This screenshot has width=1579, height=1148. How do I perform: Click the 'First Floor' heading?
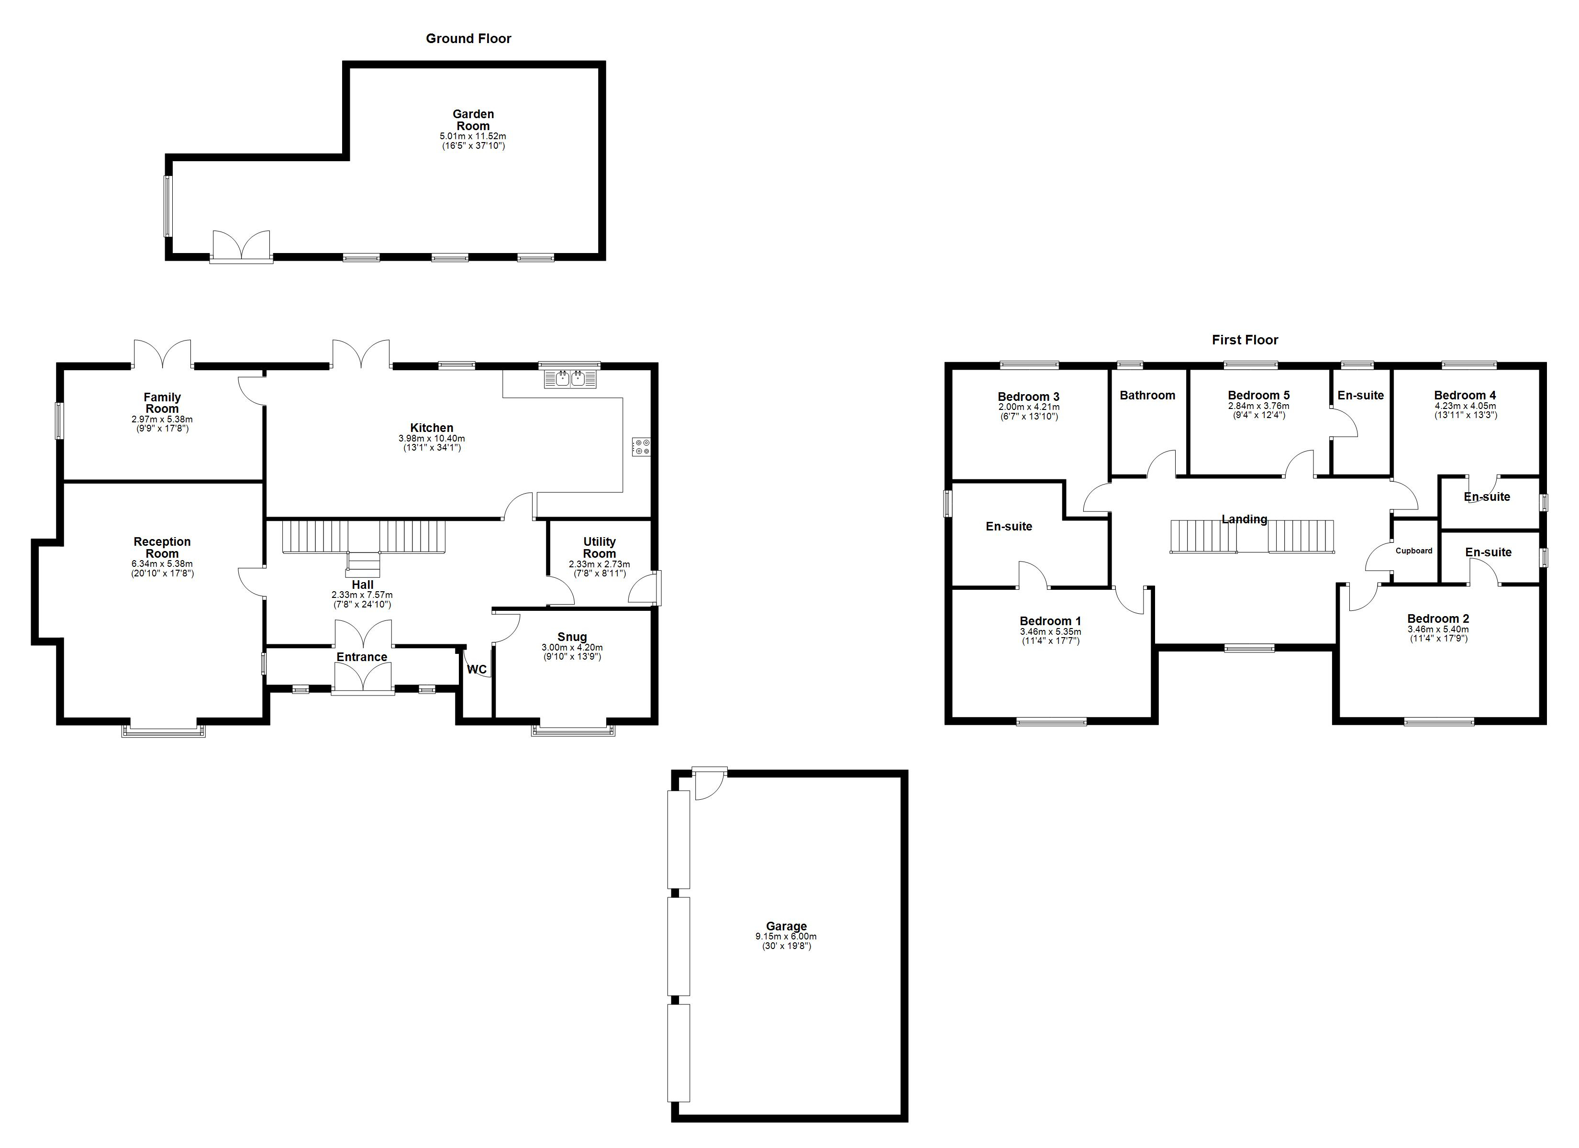tap(1245, 340)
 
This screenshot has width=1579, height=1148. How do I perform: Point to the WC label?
tap(477, 670)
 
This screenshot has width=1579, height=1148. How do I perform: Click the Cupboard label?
tap(1414, 551)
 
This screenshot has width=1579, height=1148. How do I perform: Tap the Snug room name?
tap(572, 637)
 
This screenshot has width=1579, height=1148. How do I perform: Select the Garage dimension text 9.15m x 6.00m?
tap(786, 937)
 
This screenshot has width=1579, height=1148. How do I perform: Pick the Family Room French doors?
tap(162, 353)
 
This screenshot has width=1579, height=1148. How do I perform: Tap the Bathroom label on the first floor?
tap(1147, 396)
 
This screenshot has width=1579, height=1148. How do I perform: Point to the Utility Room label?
tap(600, 548)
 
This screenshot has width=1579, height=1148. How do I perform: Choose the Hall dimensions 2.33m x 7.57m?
tap(362, 595)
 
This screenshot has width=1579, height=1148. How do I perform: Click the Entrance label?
tap(362, 657)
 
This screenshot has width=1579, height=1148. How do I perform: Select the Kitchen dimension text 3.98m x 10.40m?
tap(432, 439)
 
